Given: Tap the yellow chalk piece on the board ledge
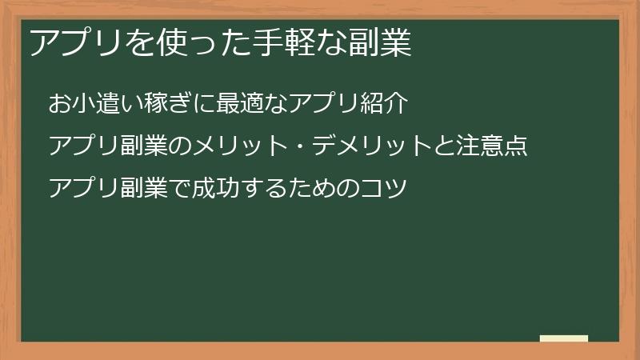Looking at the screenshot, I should (x=563, y=338).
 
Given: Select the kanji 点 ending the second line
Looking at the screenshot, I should (x=517, y=146).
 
